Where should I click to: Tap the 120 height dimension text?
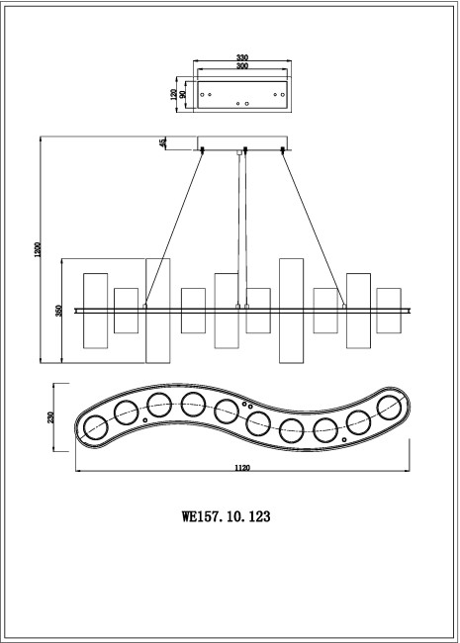coord(174,94)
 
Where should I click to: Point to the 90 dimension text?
coord(185,94)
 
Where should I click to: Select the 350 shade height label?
coord(59,311)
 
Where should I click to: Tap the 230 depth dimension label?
coord(50,417)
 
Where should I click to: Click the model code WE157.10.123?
coord(228,515)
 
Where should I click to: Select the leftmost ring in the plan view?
coord(95,428)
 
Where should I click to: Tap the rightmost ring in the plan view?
coord(392,405)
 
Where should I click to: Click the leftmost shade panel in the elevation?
coord(95,311)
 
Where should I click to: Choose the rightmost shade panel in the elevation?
coord(389,311)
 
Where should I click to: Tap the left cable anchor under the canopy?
coord(203,150)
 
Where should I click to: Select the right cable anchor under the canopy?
coord(284,150)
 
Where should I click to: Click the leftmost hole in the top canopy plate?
coord(204,94)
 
